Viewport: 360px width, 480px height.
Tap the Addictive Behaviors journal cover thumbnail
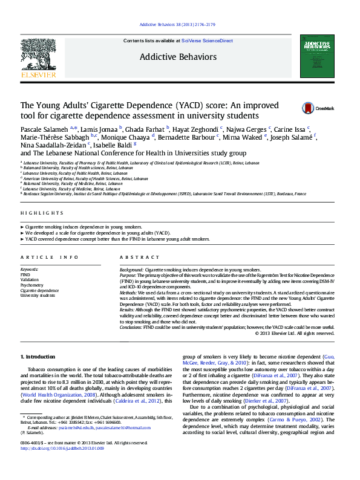[316, 56]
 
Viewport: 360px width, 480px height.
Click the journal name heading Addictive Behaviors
[177, 57]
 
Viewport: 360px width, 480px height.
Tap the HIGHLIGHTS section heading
[42, 213]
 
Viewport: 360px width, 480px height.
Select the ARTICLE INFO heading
[50, 257]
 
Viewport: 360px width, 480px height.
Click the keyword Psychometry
[32, 285]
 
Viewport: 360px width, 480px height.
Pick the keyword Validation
[30, 279]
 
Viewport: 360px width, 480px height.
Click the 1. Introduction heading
[38, 357]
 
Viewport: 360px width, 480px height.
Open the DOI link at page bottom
[62, 449]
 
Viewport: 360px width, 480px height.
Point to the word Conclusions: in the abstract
[134, 327]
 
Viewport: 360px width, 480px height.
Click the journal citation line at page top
[177, 25]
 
